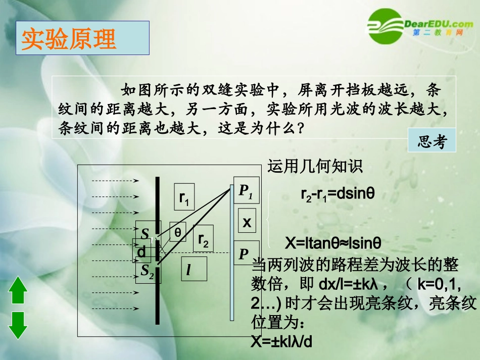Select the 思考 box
(431, 143)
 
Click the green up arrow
(18, 290)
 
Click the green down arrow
(18, 325)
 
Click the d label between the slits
(141, 251)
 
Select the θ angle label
(178, 233)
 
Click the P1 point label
(246, 191)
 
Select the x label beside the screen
(247, 222)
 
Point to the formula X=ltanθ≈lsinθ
(332, 243)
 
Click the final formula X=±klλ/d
(282, 342)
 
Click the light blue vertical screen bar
(232, 252)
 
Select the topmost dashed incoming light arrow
(115, 180)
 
